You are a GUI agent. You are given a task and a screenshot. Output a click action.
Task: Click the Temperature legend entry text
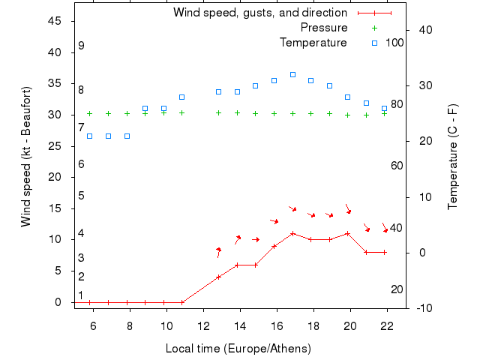313,43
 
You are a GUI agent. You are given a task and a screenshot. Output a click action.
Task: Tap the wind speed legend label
259,13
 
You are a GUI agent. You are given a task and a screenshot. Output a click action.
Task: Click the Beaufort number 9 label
81,46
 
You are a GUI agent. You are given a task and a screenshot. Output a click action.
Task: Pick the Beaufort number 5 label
81,196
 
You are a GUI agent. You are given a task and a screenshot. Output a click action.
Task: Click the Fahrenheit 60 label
397,166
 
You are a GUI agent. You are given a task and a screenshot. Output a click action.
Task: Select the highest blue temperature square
292,75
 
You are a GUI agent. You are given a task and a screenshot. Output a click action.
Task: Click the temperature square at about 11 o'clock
182,97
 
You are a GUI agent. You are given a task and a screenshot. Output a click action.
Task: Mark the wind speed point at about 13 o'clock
219,277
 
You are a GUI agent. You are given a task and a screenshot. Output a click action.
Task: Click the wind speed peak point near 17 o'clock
292,233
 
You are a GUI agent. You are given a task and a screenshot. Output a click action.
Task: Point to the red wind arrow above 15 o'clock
256,239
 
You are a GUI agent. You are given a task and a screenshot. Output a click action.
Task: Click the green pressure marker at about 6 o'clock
90,114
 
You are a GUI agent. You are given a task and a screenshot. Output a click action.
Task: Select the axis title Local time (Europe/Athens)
238,349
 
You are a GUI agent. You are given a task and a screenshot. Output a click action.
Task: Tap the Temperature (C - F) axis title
453,156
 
